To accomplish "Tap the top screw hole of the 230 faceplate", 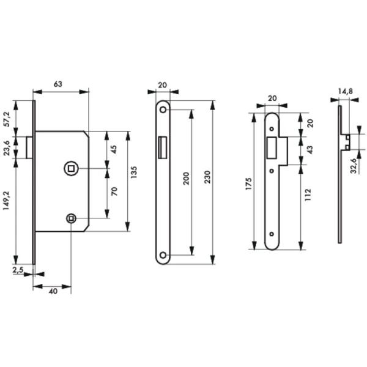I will pos(163,109).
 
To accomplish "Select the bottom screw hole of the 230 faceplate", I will pos(163,254).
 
